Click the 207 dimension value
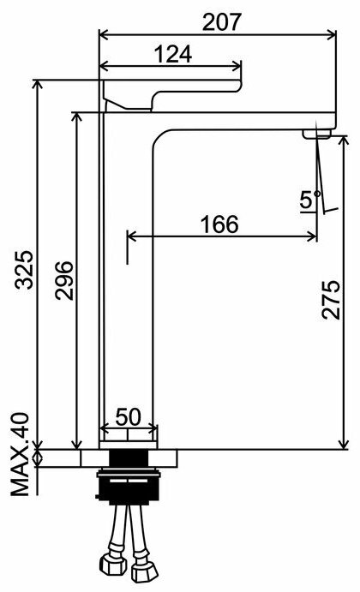[221, 22]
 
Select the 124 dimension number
[173, 54]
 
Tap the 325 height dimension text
[24, 270]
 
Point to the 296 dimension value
[63, 280]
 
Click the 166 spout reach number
[219, 224]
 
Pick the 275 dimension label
[332, 300]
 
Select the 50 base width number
[128, 417]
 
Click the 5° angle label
[309, 200]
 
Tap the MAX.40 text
[20, 454]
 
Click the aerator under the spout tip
[316, 134]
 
